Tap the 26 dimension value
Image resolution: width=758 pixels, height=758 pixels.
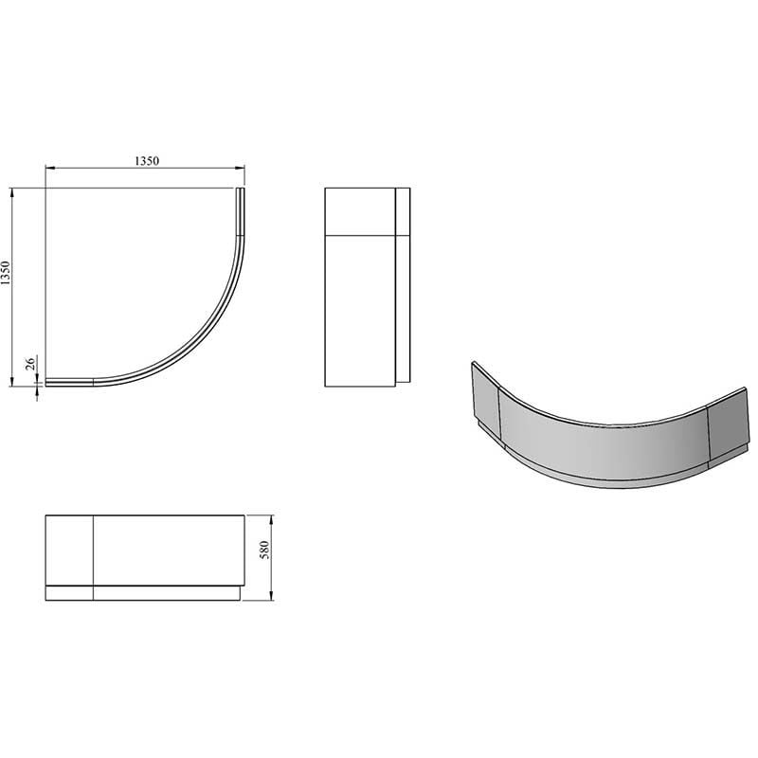(x=29, y=363)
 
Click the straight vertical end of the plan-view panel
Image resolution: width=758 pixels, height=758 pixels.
(x=240, y=210)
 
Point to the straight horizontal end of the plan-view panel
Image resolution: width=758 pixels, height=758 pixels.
(x=69, y=382)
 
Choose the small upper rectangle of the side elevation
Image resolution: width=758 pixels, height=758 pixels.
(x=359, y=210)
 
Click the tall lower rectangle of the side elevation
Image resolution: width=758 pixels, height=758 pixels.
(x=359, y=308)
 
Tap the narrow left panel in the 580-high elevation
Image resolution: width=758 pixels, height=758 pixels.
(x=69, y=550)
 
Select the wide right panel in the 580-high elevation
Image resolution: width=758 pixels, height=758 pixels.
(x=169, y=550)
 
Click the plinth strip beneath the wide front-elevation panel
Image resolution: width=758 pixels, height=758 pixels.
(x=169, y=593)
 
